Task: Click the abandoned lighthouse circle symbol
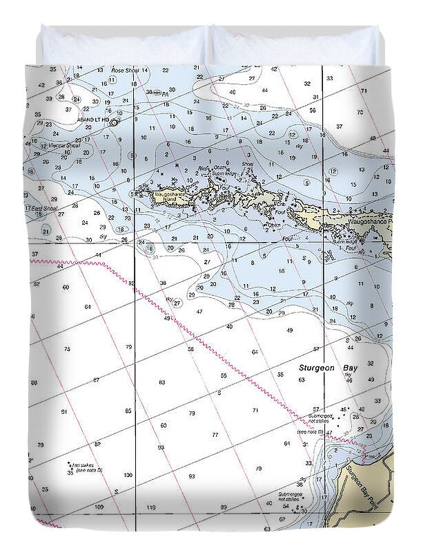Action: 114,122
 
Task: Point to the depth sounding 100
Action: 128,475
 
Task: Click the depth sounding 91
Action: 64,412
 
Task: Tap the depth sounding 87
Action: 96,380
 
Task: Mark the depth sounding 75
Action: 66,349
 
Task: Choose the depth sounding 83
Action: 161,382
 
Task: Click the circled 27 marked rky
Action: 177,303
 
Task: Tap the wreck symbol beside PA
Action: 157,93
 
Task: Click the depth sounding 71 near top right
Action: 373,91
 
